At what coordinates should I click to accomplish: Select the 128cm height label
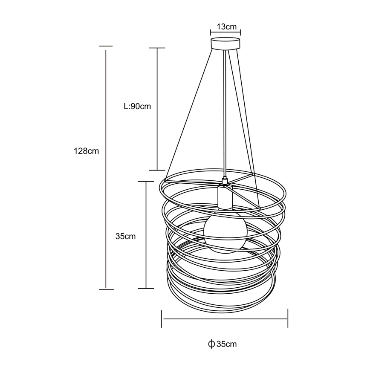[86, 151]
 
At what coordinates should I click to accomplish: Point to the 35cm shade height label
[126, 236]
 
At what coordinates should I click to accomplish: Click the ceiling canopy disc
[225, 44]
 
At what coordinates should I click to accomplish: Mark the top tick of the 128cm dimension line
[106, 46]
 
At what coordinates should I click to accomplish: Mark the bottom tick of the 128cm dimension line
[106, 289]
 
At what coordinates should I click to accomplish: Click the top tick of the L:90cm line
[157, 48]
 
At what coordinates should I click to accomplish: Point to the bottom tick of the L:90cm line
[157, 170]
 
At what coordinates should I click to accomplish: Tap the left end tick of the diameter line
[162, 318]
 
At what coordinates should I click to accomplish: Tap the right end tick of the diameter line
[288, 318]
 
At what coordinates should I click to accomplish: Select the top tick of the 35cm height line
[146, 181]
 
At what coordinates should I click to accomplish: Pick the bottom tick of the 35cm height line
[146, 289]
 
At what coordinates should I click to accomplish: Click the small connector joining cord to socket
[225, 182]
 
